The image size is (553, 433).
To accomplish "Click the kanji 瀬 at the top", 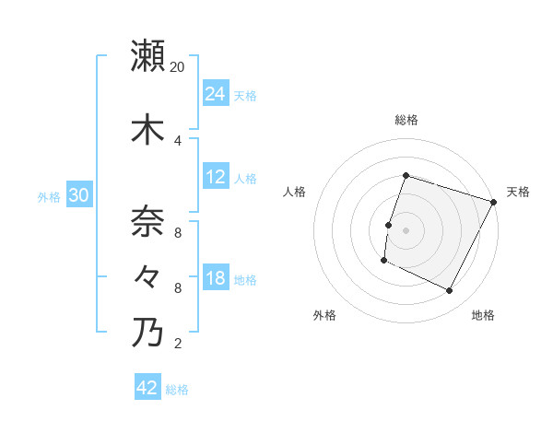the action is pyautogui.click(x=147, y=55).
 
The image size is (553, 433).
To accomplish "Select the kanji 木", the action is pyautogui.click(x=147, y=129).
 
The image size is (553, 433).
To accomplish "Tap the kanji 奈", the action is pyautogui.click(x=147, y=222).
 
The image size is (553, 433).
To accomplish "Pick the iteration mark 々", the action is pyautogui.click(x=147, y=276).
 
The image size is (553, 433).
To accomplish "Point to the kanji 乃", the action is pyautogui.click(x=147, y=332).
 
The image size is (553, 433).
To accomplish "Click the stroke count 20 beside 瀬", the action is pyautogui.click(x=178, y=67).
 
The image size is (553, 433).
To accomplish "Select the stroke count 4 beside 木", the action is pyautogui.click(x=178, y=141).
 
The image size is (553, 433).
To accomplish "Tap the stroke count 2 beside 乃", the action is pyautogui.click(x=178, y=344).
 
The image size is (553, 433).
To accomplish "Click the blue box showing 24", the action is pyautogui.click(x=216, y=94).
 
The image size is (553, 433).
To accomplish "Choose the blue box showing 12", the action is pyautogui.click(x=216, y=177).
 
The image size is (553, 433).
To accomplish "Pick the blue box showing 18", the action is pyautogui.click(x=216, y=278).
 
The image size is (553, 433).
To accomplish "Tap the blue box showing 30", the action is pyautogui.click(x=78, y=195).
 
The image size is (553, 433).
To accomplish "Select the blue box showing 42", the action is pyautogui.click(x=147, y=388).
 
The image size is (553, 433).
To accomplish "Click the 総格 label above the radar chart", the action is pyautogui.click(x=406, y=120).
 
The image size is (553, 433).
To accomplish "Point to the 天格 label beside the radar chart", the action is pyautogui.click(x=518, y=192).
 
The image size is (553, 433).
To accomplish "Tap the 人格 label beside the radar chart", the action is pyautogui.click(x=295, y=192).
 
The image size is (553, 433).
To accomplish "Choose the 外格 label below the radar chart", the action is pyautogui.click(x=324, y=315).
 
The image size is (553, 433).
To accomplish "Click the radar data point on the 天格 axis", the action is pyautogui.click(x=494, y=202).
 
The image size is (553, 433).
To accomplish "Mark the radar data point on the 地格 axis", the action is pyautogui.click(x=450, y=291).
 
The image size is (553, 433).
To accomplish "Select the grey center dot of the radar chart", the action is pyautogui.click(x=406, y=230).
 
